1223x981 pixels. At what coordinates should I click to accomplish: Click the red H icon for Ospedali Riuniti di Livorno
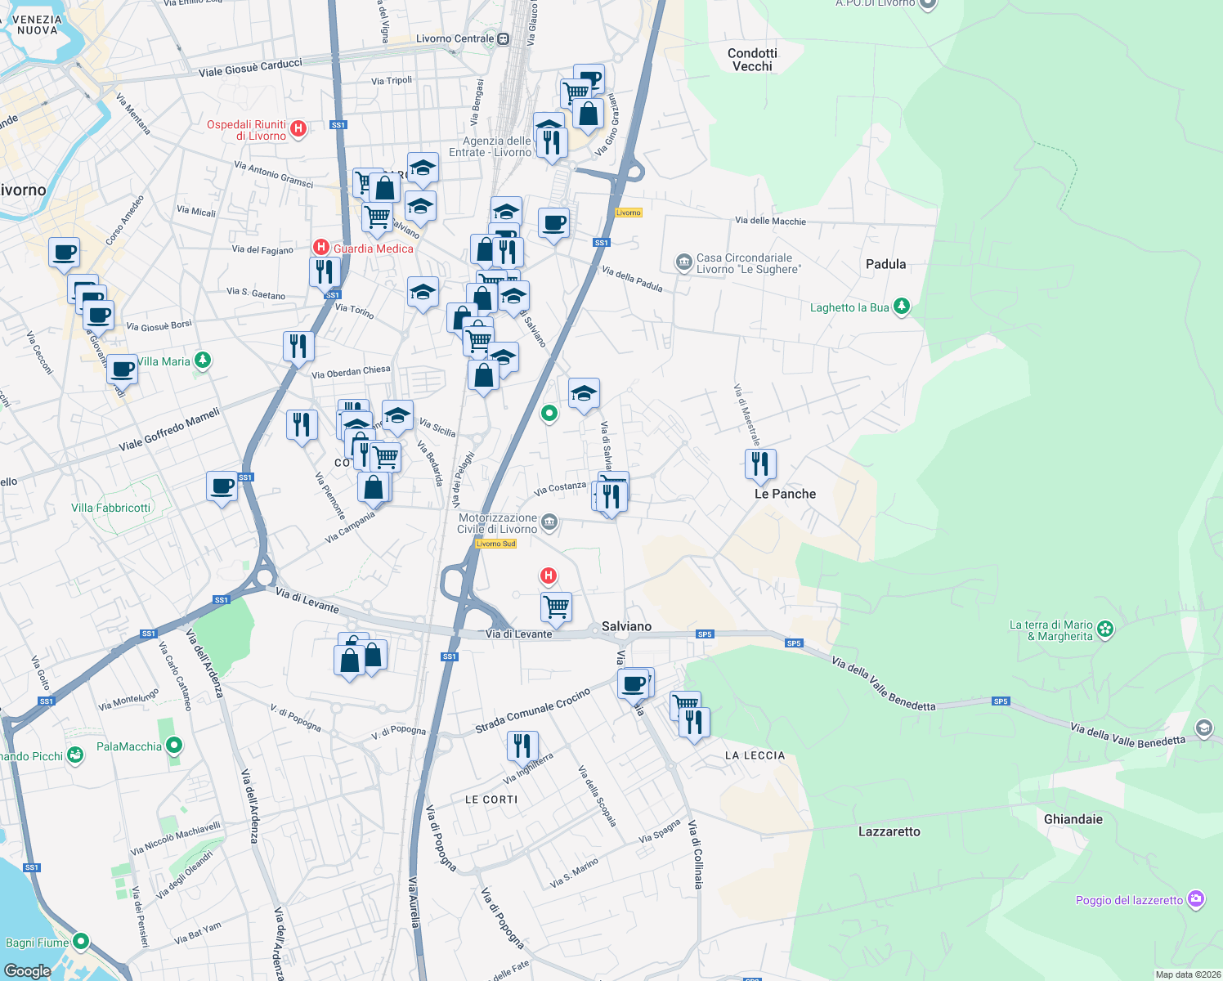[x=298, y=128]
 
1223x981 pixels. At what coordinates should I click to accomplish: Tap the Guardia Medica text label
[x=374, y=249]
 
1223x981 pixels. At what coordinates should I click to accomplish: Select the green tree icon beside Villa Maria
[x=203, y=361]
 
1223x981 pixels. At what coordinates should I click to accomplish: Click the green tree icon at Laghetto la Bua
[x=901, y=307]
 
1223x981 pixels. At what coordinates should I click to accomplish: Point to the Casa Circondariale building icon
[x=683, y=262]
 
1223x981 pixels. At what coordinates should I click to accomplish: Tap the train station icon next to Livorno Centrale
[x=503, y=38]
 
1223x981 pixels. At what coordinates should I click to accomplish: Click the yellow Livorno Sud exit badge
[x=495, y=544]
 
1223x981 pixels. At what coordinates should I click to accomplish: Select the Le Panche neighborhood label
[x=785, y=494]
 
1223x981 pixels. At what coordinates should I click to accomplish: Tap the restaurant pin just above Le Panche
[x=760, y=464]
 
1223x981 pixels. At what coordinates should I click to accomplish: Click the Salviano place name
[x=626, y=626]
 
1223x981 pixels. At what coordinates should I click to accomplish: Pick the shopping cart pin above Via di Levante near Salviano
[x=556, y=607]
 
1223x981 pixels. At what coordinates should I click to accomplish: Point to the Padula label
[x=885, y=264]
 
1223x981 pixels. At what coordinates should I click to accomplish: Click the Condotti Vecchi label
[x=752, y=60]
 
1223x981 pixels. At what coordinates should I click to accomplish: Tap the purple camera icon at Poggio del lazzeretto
[x=1196, y=899]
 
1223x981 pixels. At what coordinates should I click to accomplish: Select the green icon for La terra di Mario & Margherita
[x=1105, y=629]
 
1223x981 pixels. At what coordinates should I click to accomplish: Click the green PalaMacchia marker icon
[x=173, y=746]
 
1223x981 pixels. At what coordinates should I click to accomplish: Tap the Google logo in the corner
[x=28, y=970]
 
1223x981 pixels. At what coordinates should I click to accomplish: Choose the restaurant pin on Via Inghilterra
[x=522, y=746]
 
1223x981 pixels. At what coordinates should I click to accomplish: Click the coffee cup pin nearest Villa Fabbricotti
[x=222, y=486]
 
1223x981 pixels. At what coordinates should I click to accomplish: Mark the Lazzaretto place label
[x=889, y=831]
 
